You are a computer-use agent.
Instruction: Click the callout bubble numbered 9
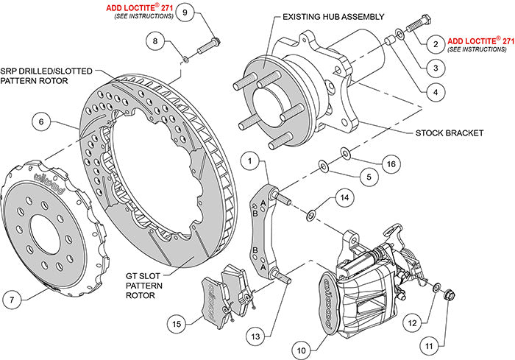click(185, 13)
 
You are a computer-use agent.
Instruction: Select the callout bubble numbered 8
click(155, 40)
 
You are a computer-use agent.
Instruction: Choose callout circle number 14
click(342, 197)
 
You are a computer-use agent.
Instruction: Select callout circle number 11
click(428, 343)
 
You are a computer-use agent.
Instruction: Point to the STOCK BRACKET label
click(448, 134)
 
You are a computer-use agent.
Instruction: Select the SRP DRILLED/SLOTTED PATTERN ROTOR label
click(47, 75)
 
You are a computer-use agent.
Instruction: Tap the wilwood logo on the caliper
click(331, 285)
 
